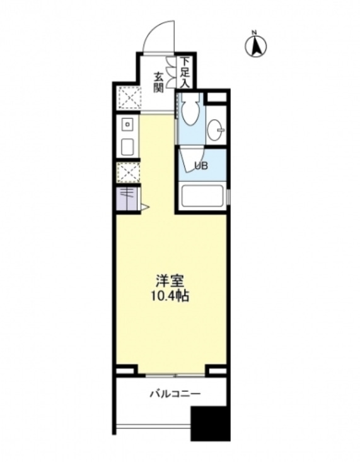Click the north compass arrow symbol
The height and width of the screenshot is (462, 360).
[255, 46]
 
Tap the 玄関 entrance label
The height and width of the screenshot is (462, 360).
[158, 81]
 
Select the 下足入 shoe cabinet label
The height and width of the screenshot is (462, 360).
[184, 71]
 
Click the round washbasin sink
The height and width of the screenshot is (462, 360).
[218, 129]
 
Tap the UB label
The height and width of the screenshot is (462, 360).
[200, 167]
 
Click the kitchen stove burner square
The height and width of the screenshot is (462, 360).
[126, 124]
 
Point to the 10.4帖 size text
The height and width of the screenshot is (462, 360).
[170, 295]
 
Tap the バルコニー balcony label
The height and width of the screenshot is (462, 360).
[175, 394]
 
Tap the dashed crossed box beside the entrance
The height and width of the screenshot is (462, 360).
[129, 98]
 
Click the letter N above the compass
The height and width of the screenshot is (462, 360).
[255, 32]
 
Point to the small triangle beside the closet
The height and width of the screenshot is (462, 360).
[144, 206]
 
